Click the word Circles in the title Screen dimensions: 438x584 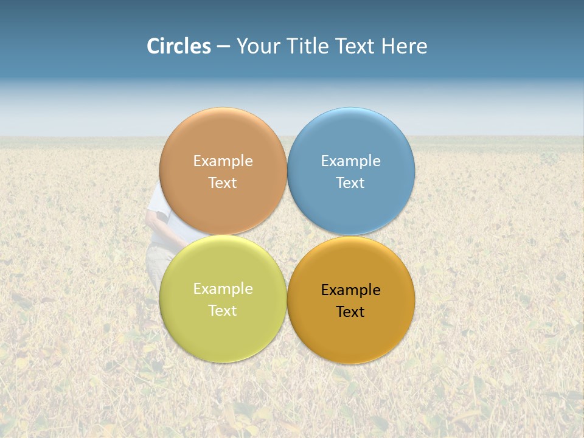click(179, 46)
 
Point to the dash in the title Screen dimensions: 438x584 click(223, 47)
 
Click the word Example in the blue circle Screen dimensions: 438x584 click(350, 161)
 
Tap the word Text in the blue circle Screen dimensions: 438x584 click(350, 183)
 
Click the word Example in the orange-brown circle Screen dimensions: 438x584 click(223, 161)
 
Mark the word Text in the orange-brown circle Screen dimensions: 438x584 click(223, 183)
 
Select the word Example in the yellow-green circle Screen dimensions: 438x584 click(223, 289)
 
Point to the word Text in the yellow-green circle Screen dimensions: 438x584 click(223, 311)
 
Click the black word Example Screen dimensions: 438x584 click(350, 290)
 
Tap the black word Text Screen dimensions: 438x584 click(350, 312)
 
